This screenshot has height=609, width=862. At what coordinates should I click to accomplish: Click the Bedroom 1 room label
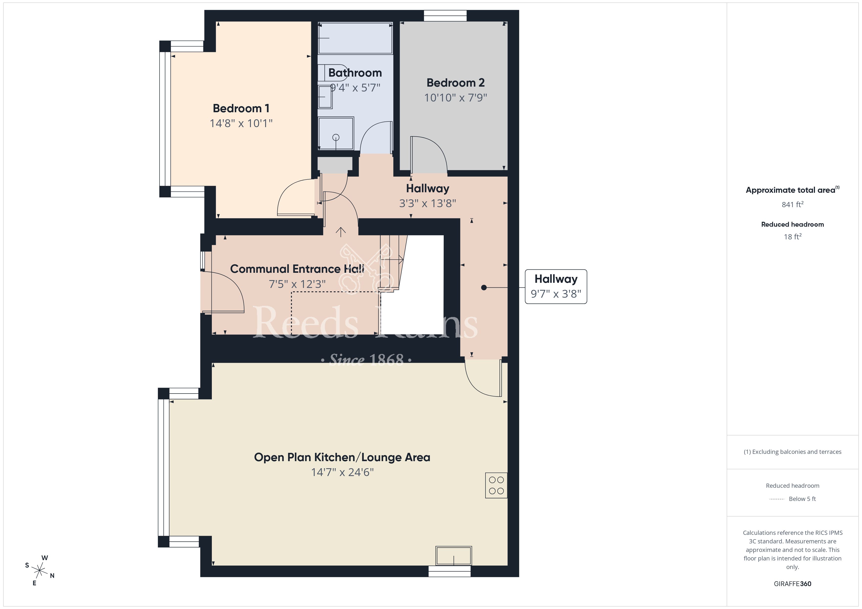[241, 108]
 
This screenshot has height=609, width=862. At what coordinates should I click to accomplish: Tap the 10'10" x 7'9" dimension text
[455, 98]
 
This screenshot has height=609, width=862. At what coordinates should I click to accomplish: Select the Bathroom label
[355, 73]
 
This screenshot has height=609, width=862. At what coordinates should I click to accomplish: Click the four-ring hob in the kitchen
[496, 485]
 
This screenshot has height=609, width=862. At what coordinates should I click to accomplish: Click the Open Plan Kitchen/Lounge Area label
[342, 457]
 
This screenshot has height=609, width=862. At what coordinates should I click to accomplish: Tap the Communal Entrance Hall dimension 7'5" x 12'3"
[297, 284]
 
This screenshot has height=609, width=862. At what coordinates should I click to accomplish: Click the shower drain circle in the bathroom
[336, 137]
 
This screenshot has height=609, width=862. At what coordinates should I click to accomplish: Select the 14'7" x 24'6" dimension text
[342, 472]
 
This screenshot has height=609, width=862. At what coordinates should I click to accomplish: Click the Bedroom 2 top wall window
[445, 16]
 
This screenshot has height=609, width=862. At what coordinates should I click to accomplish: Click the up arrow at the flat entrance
[341, 232]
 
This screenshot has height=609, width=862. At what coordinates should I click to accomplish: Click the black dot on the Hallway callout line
[484, 288]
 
